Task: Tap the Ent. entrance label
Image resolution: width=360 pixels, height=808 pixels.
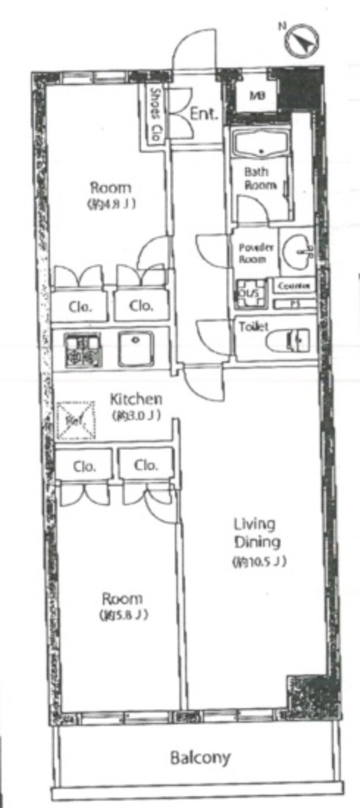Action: coord(203,114)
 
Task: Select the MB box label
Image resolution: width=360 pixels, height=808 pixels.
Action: coord(258,96)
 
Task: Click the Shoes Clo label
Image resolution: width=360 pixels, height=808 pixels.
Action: coord(154,115)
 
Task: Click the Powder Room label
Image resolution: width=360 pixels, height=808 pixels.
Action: coord(256,253)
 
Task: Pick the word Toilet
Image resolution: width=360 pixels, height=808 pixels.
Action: coord(253,327)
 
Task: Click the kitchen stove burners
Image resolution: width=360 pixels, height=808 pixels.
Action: coord(82,350)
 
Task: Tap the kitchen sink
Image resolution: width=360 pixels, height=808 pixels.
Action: coord(136,349)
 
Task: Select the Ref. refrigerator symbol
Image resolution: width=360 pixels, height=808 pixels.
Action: coord(73,419)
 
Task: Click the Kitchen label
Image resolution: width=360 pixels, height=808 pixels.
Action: coord(136,400)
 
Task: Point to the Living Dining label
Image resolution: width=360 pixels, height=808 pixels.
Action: coord(257,532)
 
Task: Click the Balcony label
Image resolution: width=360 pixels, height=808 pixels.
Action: coord(200,757)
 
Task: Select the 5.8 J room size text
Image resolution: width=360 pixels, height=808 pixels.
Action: coord(123,615)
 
